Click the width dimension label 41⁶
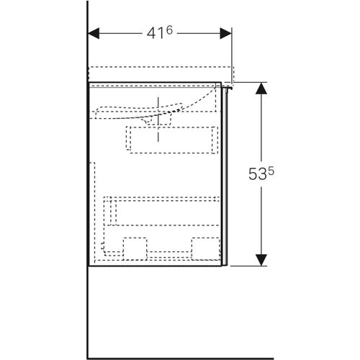(160, 33)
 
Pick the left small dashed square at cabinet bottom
(136, 246)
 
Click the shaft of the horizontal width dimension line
(122, 34)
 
